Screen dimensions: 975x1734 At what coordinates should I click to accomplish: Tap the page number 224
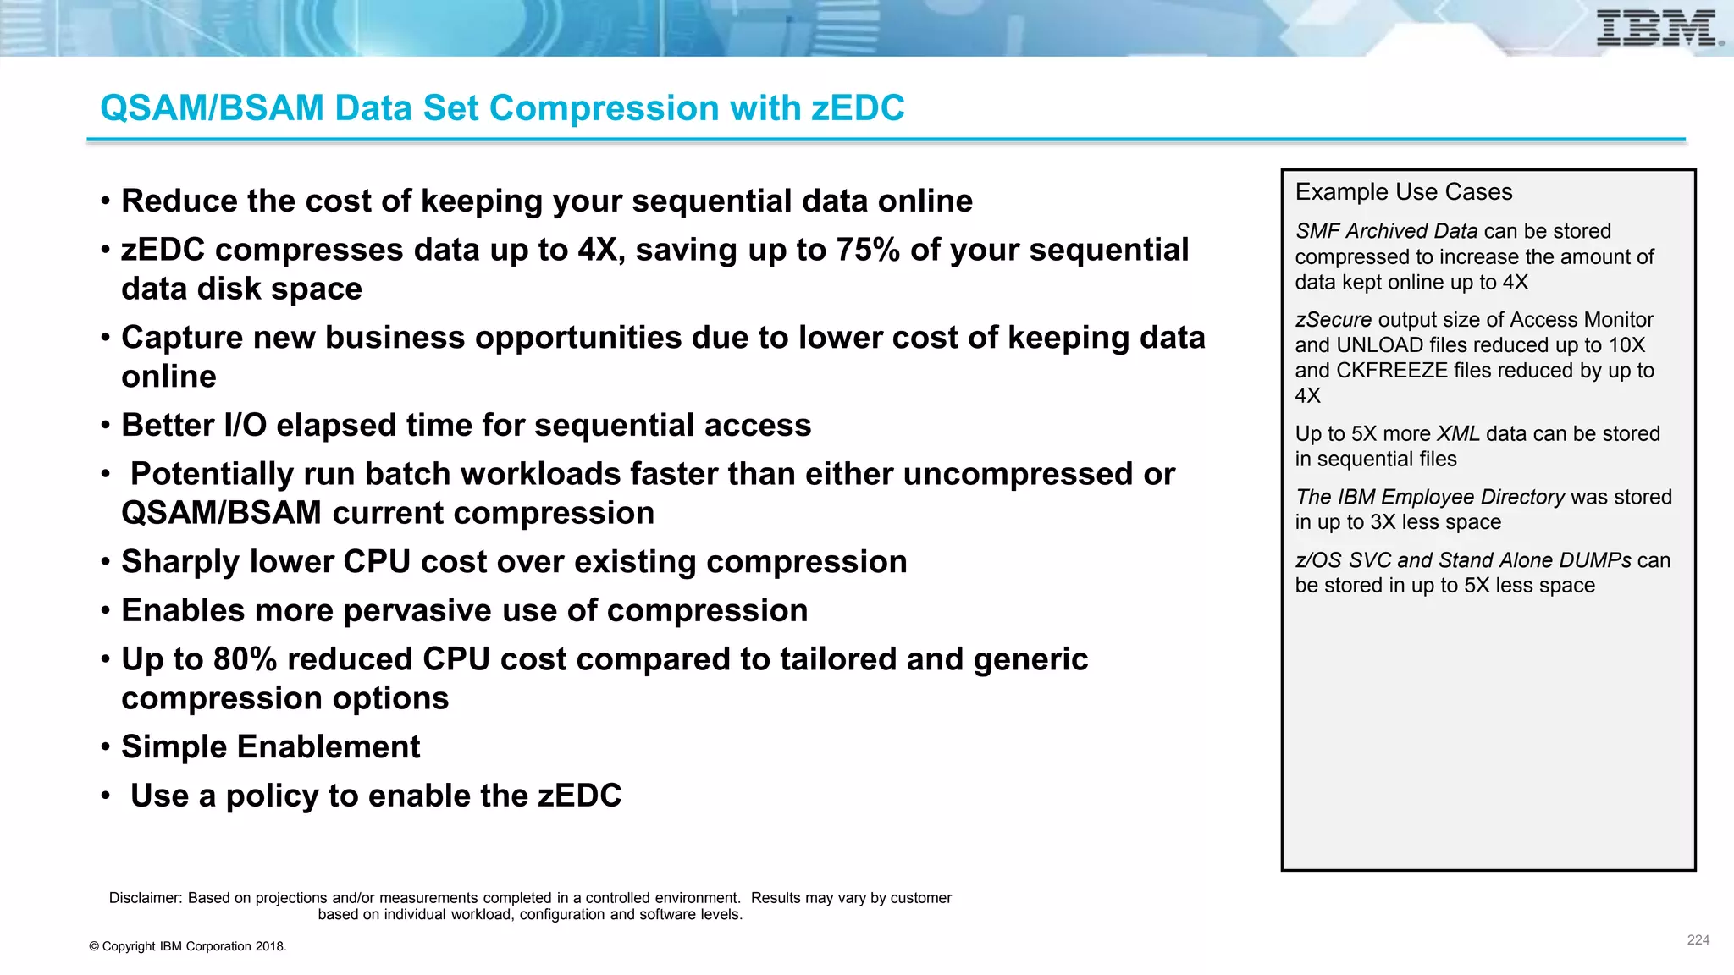(x=1698, y=939)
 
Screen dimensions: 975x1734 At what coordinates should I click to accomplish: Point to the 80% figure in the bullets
(x=245, y=659)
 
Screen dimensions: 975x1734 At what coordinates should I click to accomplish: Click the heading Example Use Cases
(x=1403, y=192)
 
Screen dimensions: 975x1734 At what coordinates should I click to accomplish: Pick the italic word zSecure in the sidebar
(x=1333, y=320)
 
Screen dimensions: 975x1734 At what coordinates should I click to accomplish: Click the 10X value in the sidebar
(x=1626, y=345)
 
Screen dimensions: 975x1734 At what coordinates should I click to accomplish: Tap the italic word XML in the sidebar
(x=1458, y=433)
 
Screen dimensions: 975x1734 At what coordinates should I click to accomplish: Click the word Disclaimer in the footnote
(x=145, y=898)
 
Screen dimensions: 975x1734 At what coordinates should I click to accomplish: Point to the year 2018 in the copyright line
(x=269, y=946)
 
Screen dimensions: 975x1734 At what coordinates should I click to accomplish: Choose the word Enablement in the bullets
(x=329, y=747)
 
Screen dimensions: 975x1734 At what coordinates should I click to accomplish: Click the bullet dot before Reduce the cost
(x=106, y=202)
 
